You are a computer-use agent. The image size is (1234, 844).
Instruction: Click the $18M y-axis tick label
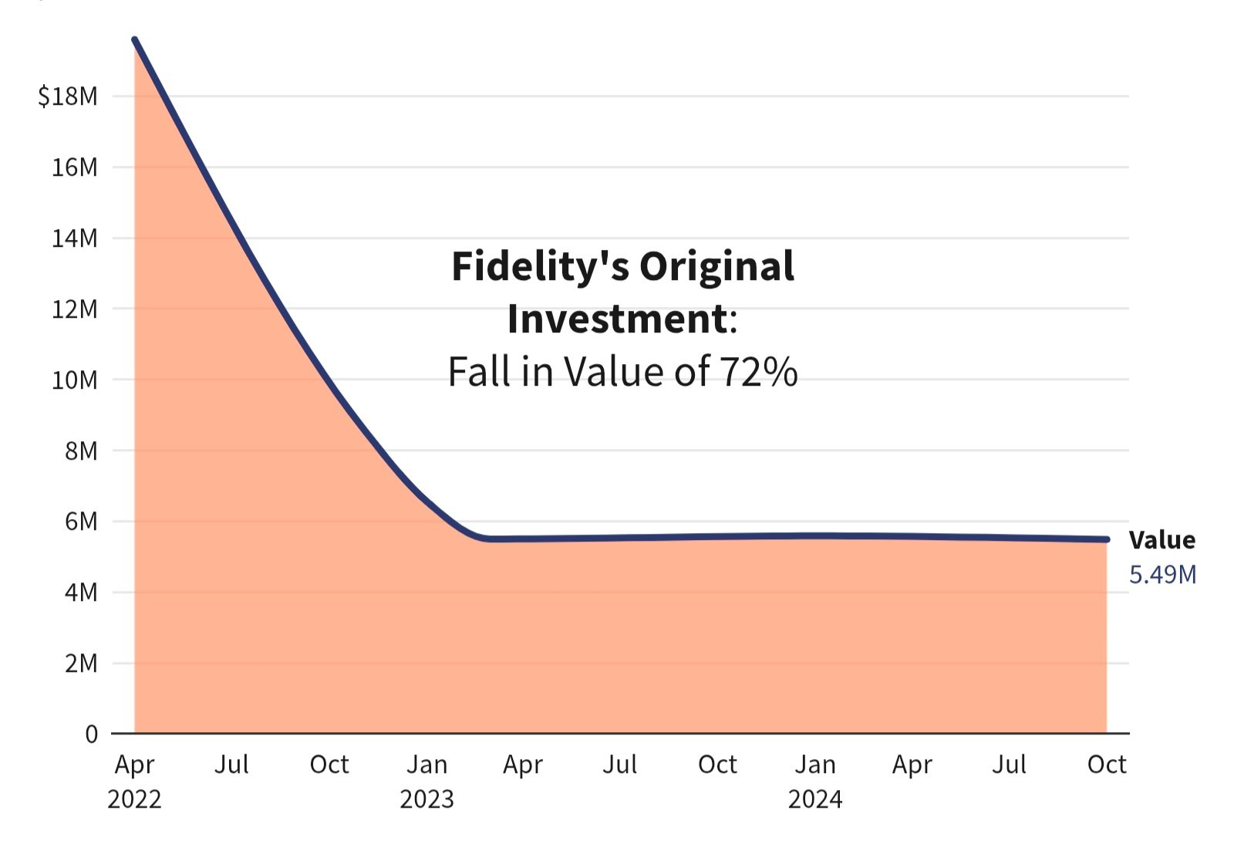tap(68, 96)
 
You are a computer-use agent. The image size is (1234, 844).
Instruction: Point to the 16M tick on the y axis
tap(74, 167)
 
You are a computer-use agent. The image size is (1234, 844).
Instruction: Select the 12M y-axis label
tap(74, 309)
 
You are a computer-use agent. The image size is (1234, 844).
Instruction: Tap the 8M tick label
tap(81, 451)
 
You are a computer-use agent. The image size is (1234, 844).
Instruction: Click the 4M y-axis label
tap(81, 592)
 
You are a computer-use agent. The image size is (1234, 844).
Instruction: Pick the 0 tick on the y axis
tap(92, 734)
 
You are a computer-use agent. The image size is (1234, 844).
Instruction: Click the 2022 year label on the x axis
tap(134, 799)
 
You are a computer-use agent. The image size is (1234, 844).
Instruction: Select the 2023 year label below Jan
tap(427, 799)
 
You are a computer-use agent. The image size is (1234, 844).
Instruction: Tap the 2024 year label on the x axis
tap(815, 799)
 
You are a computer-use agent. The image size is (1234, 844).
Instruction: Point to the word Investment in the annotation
tap(617, 319)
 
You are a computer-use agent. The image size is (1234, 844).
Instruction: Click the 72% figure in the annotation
tap(759, 372)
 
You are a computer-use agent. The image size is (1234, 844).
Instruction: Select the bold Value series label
tap(1162, 540)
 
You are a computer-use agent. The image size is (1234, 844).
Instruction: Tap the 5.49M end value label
tap(1162, 575)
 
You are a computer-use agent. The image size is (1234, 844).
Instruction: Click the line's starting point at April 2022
tap(135, 39)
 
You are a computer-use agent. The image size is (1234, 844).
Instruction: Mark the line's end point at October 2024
tap(1107, 539)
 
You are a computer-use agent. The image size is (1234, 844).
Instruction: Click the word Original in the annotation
tap(716, 267)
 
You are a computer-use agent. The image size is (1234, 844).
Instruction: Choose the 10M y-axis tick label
tap(74, 380)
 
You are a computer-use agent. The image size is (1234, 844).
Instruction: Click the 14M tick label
tap(74, 238)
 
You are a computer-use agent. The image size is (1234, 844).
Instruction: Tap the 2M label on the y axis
tap(81, 663)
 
